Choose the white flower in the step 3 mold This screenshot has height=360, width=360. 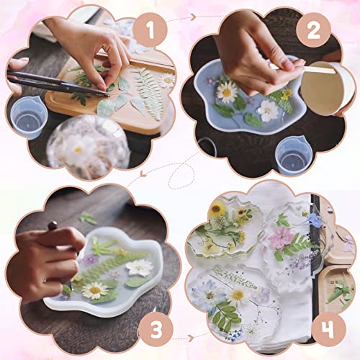click(140, 267)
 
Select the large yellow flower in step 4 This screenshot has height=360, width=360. click(217, 210)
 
